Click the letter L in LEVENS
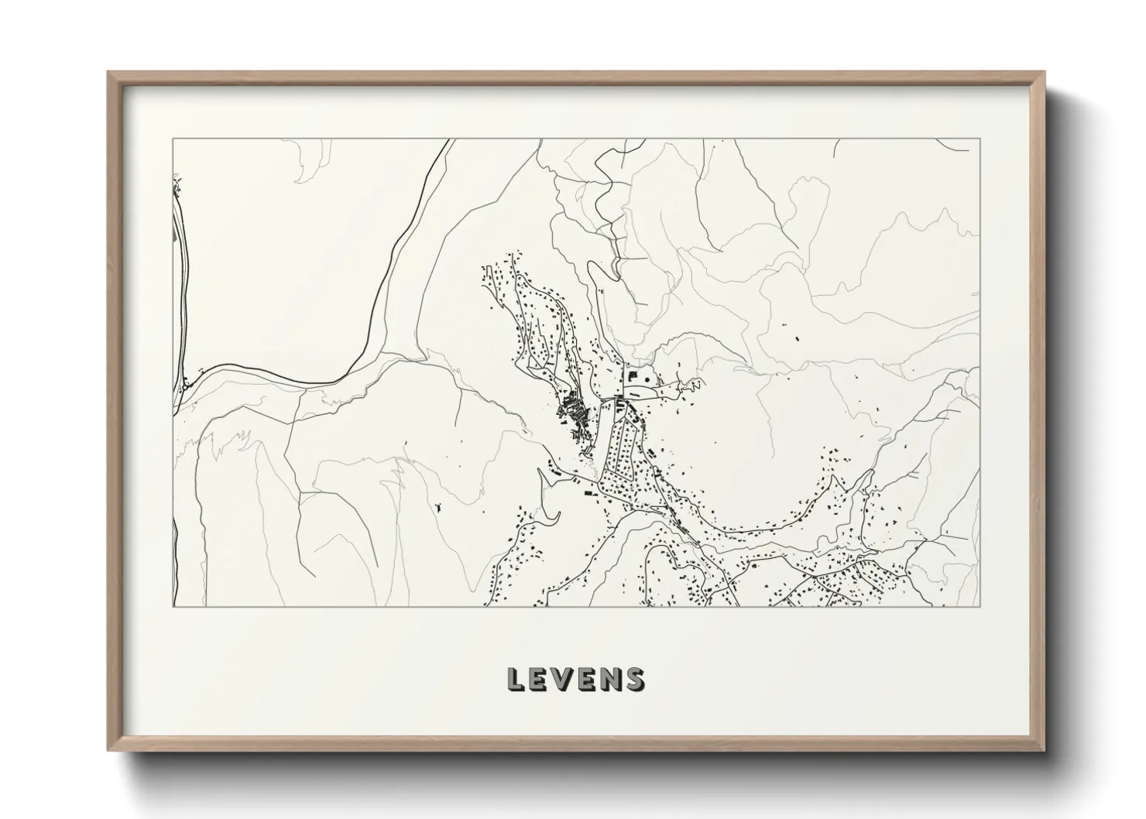pyautogui.click(x=516, y=679)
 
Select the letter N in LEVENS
pyautogui.click(x=612, y=679)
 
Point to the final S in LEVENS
pyautogui.click(x=634, y=679)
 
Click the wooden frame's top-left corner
pyautogui.click(x=109, y=73)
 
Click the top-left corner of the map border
pyautogui.click(x=172, y=139)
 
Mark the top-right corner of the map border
pyautogui.click(x=980, y=139)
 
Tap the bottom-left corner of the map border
pyautogui.click(x=172, y=606)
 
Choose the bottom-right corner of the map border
pyautogui.click(x=980, y=606)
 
